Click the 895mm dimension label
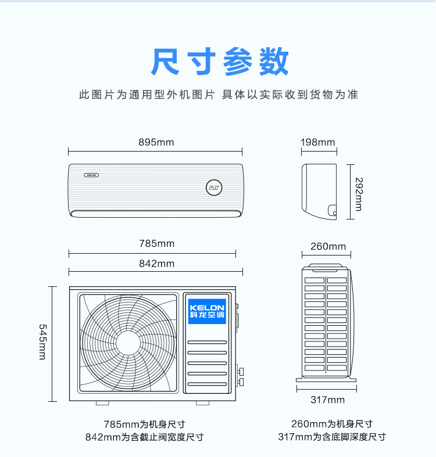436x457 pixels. (x=156, y=142)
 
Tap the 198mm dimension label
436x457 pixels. (x=318, y=142)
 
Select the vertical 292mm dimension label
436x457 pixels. (x=359, y=194)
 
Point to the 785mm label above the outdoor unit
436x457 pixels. (x=157, y=243)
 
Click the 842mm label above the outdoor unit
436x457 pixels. (x=157, y=264)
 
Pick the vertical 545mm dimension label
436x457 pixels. (x=42, y=342)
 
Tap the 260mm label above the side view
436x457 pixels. (x=328, y=246)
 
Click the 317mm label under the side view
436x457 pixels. (x=327, y=400)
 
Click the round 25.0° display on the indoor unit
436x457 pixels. (x=214, y=188)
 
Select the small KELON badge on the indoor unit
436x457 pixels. (x=92, y=175)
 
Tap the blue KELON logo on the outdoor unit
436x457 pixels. (x=207, y=311)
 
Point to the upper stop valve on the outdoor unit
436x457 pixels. (x=241, y=371)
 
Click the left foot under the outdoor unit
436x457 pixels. (x=102, y=403)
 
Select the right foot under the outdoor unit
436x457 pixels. (x=202, y=403)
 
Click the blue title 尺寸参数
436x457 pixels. (x=220, y=62)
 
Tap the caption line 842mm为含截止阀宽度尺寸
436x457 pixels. (x=144, y=437)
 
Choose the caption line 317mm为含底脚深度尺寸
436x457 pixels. (x=332, y=437)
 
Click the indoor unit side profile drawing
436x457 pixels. (x=319, y=192)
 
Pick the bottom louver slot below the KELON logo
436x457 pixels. (x=207, y=384)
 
